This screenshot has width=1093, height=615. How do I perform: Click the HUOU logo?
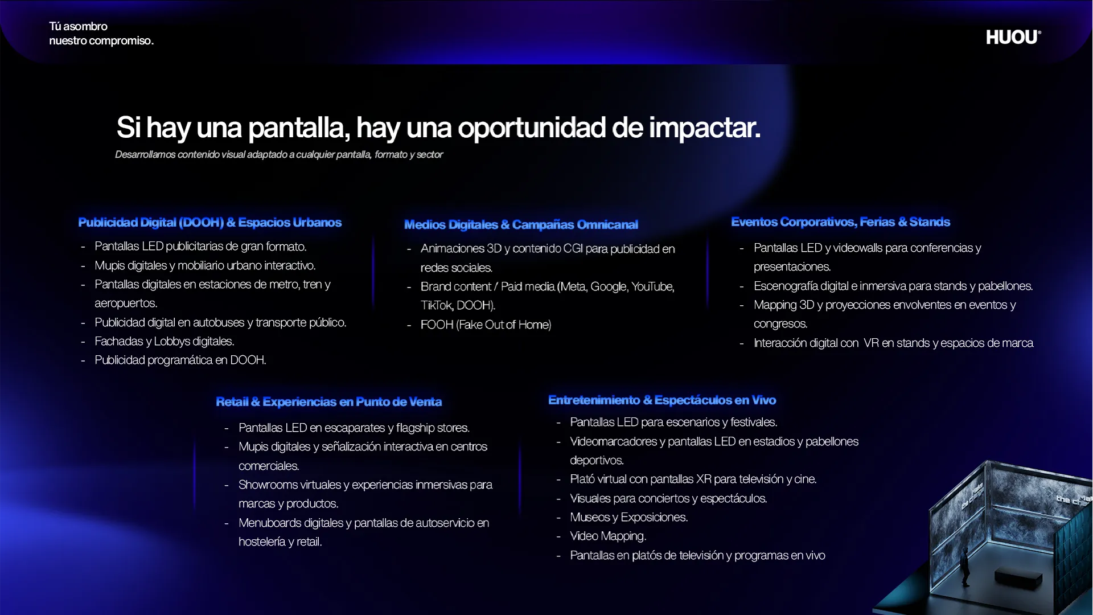(x=1013, y=37)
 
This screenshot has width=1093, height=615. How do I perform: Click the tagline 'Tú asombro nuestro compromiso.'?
(x=101, y=33)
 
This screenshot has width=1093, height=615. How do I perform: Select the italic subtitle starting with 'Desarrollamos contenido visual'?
(x=279, y=154)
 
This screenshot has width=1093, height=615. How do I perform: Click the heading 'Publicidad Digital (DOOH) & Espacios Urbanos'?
(x=210, y=222)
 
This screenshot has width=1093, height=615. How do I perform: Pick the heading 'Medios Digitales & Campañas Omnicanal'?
(x=521, y=224)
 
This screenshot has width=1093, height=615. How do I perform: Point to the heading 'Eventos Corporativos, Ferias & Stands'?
(x=840, y=222)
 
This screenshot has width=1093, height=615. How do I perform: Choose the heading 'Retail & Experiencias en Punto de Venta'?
(x=328, y=401)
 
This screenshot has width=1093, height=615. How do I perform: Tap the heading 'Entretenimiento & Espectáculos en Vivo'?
(x=662, y=400)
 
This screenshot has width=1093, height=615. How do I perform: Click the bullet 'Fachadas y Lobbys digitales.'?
(x=165, y=341)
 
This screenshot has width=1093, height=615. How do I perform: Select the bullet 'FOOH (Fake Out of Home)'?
(x=486, y=325)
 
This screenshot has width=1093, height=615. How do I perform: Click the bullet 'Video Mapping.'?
(x=608, y=536)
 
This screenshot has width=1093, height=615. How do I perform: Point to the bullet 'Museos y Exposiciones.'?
(x=629, y=517)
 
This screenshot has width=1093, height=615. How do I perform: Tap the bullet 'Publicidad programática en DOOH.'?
(x=180, y=360)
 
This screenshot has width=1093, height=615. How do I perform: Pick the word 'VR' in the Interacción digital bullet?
(x=871, y=343)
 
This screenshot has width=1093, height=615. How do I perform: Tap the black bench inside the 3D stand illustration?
(x=1018, y=580)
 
